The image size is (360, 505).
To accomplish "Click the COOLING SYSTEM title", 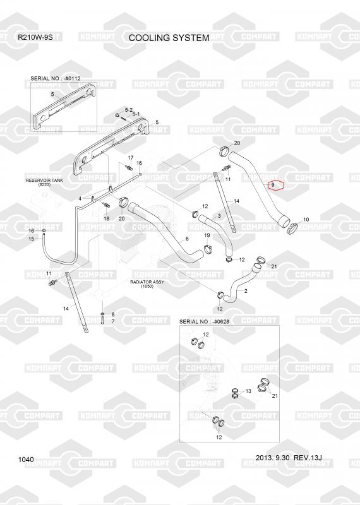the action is click(x=169, y=38).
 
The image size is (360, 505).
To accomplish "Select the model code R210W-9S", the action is click(x=35, y=37).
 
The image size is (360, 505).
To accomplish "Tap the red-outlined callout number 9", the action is click(x=273, y=185).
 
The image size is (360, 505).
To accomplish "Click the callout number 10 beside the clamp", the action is click(x=306, y=219).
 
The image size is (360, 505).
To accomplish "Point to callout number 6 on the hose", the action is click(x=187, y=239).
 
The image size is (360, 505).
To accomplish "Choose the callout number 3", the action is click(x=219, y=216).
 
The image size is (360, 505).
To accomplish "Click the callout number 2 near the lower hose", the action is click(x=246, y=291).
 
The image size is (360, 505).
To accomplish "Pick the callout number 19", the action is click(x=207, y=235).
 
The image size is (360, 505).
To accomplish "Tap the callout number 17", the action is click(x=131, y=158).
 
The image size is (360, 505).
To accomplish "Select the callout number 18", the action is click(x=106, y=218).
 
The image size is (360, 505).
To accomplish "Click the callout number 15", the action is click(x=32, y=239).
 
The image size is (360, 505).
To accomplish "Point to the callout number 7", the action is click(x=113, y=321).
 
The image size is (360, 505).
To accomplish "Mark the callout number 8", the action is click(x=113, y=314).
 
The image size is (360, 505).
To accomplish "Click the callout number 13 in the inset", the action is click(x=248, y=391).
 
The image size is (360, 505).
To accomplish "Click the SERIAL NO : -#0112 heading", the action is click(x=56, y=78).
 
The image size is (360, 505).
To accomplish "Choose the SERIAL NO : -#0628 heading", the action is click(x=204, y=321).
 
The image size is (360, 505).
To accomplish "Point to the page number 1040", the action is click(x=26, y=460).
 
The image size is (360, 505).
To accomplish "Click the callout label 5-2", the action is click(x=129, y=110).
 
